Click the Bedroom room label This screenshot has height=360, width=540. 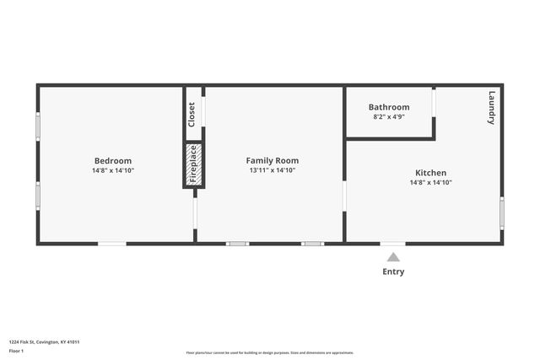point(112,160)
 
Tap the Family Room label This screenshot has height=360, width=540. point(272,160)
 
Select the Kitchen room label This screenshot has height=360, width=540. point(430,173)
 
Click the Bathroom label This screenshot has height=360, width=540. point(389,107)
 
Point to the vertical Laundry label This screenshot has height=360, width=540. point(492,108)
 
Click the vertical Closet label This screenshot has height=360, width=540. point(192,114)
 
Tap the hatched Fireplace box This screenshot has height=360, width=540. point(192,164)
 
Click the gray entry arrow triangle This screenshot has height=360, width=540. point(393,257)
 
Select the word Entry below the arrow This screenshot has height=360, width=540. point(393,271)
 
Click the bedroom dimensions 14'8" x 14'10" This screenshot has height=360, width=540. point(112,170)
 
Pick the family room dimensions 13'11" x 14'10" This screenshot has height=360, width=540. point(272,170)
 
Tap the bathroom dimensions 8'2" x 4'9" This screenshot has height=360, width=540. point(389,116)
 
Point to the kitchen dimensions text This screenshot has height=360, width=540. point(430,182)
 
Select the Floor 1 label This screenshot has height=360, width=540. point(17,350)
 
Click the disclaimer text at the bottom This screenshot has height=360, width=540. point(270,352)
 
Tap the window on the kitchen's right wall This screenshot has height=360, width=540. point(501,212)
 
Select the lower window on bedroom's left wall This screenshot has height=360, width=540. point(37,195)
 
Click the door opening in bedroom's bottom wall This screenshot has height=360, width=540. point(112,244)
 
